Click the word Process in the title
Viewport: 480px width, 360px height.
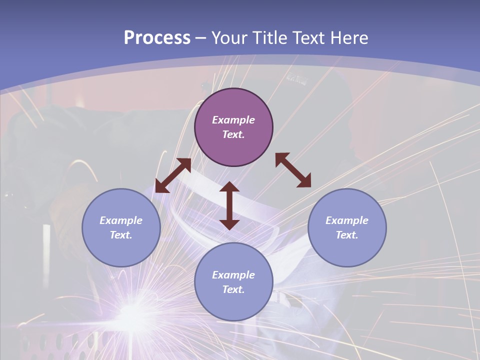click(157, 37)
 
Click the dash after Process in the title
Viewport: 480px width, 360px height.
click(201, 38)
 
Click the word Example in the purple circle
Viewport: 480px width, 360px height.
click(233, 120)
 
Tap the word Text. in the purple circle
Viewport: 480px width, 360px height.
click(233, 134)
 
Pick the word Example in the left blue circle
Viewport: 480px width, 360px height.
click(121, 220)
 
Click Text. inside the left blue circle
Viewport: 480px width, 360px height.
click(121, 235)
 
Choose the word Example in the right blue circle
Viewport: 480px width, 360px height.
click(346, 220)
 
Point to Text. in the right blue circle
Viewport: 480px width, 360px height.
click(346, 235)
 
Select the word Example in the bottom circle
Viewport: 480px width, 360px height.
click(233, 275)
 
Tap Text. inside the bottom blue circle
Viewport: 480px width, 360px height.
click(233, 289)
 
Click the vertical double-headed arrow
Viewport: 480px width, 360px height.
click(229, 205)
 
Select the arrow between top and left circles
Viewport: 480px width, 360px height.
click(173, 175)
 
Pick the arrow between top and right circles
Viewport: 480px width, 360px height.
click(293, 170)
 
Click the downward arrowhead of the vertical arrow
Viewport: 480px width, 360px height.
click(229, 223)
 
